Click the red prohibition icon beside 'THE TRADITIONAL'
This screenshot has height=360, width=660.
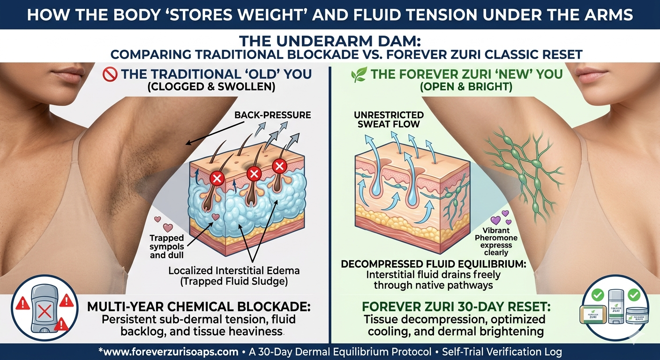110,75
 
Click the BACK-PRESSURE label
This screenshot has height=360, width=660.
272,115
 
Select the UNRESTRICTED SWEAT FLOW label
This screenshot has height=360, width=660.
389,120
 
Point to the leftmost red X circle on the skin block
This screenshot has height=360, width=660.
217,178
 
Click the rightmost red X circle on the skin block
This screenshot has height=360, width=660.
279,166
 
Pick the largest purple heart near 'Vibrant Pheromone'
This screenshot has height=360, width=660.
495,220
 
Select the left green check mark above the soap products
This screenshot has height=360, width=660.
598,294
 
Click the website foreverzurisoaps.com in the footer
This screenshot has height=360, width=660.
170,352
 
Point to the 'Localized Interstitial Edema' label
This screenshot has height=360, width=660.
234,270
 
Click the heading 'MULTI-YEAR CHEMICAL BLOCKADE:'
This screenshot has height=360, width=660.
199,307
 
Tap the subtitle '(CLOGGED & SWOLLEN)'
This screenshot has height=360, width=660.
211,87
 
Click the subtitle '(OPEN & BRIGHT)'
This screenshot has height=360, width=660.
466,87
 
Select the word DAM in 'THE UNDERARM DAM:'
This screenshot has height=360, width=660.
402,41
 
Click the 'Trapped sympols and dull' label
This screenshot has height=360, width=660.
167,246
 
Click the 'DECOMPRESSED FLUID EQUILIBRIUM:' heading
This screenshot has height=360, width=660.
434,263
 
